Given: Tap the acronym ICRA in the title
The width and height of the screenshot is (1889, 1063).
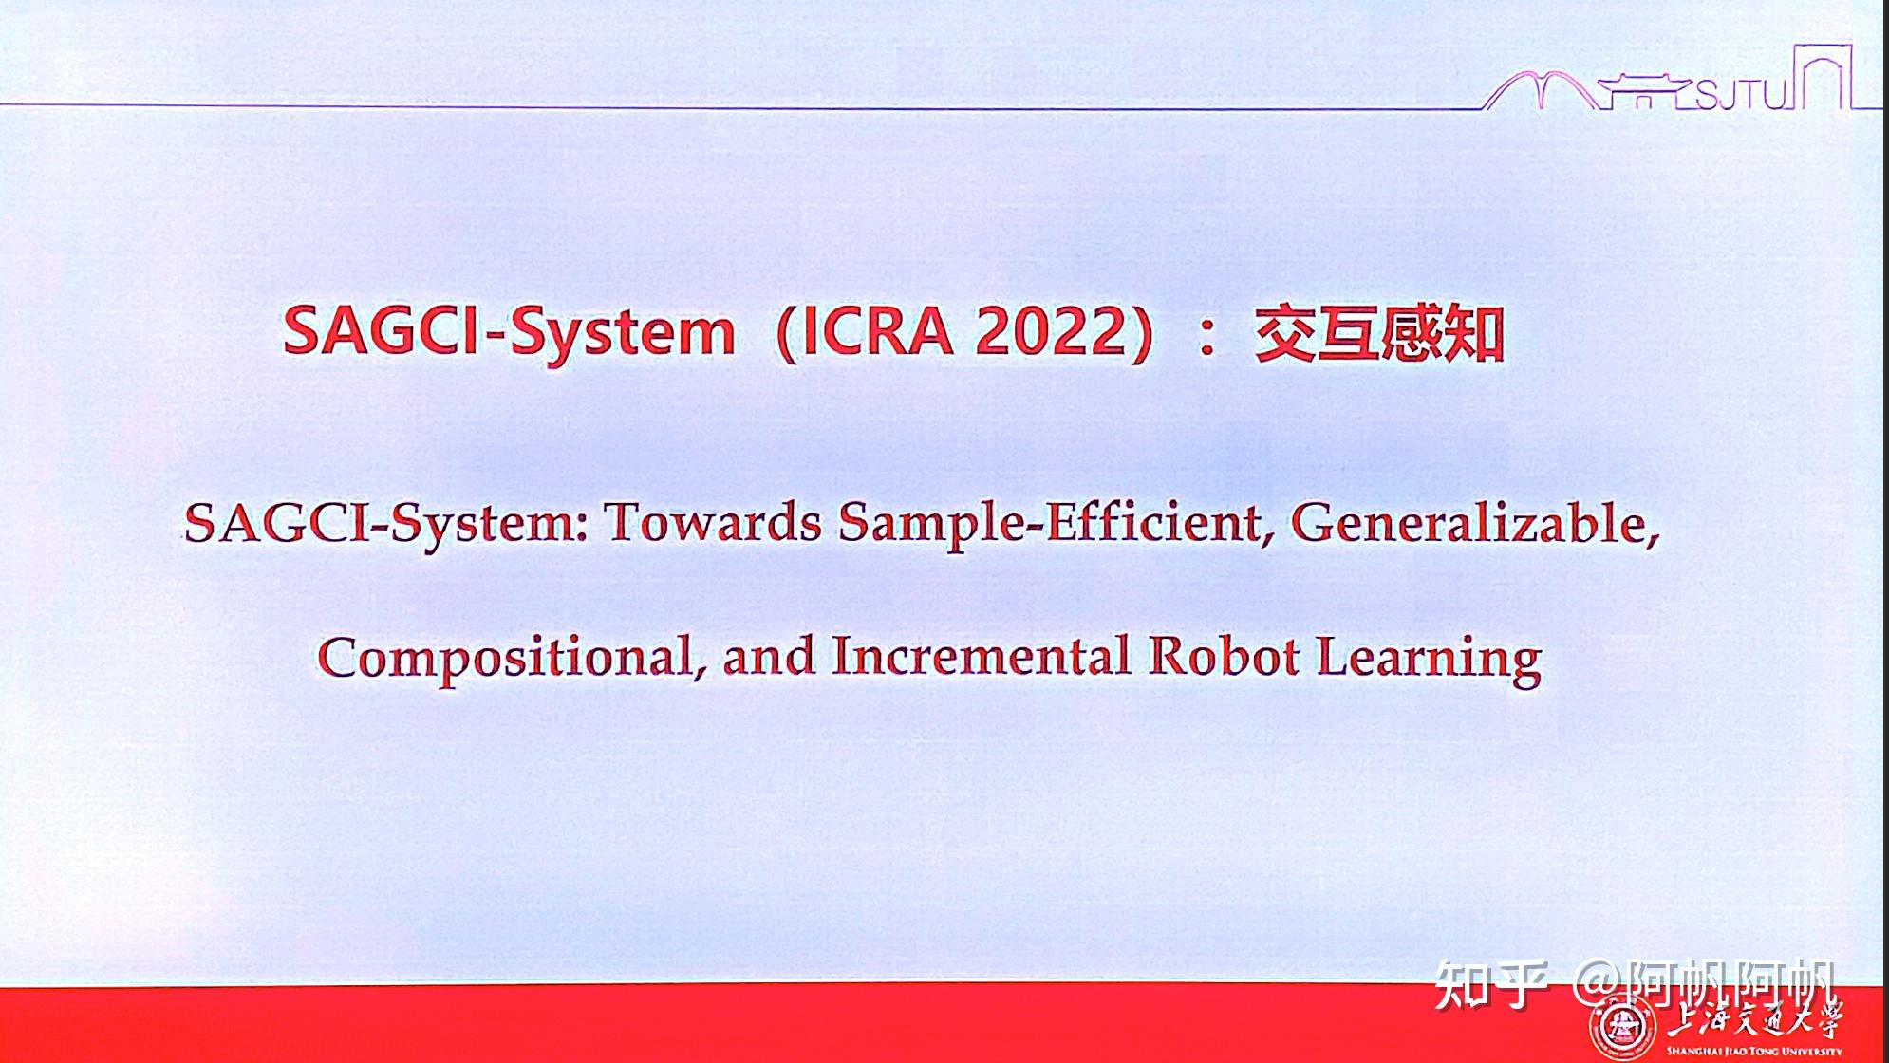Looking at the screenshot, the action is [878, 333].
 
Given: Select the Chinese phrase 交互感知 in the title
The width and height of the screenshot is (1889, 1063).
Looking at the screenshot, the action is [1379, 334].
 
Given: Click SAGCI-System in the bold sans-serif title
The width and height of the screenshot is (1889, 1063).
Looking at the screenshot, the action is [510, 333].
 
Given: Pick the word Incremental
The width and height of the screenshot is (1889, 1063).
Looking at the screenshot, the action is [981, 656].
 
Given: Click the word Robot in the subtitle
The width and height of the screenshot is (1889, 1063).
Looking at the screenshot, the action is [1223, 656].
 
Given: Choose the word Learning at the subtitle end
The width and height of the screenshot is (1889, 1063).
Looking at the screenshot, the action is [1429, 660].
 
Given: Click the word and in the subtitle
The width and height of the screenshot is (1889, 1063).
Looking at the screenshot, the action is [768, 657].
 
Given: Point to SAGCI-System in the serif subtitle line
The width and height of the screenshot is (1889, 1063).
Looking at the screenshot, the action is [385, 524].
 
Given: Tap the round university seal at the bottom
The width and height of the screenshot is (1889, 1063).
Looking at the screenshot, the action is [1622, 1027].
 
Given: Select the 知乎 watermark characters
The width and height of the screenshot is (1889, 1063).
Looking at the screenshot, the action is [1491, 985].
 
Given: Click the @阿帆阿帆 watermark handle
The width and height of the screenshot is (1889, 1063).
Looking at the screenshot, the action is [1704, 986].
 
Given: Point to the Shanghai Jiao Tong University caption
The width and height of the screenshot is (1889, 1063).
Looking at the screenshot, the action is [1754, 1051].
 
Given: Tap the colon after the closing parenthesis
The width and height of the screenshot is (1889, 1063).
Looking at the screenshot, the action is [1206, 338].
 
